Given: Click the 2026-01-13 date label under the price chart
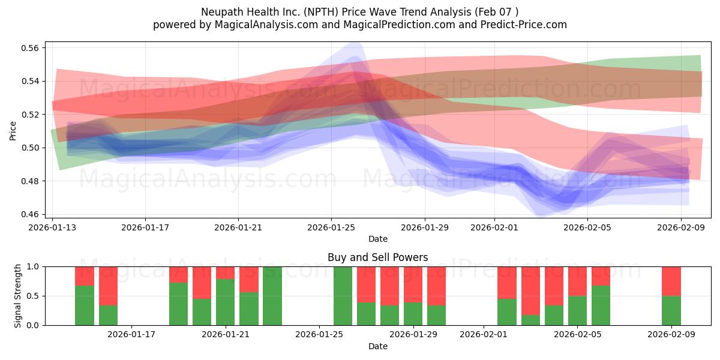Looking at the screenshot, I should (x=52, y=227).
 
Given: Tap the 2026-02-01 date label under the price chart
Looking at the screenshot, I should (x=494, y=227).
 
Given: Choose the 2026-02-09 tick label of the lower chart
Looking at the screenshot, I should (x=671, y=335).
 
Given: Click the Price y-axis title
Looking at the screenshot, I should (x=13, y=130).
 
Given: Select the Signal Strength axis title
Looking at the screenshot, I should (x=18, y=295).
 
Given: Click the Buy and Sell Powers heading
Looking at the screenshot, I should (x=377, y=257).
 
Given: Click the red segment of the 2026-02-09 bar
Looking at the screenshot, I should (x=671, y=281).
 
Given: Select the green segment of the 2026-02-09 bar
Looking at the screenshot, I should (x=671, y=310).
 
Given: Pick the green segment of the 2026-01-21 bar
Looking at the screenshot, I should (x=226, y=302).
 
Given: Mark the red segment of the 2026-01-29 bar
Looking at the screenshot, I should (x=413, y=284).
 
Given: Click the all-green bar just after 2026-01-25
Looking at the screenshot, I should (x=343, y=296).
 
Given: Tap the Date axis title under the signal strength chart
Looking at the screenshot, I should (x=377, y=346).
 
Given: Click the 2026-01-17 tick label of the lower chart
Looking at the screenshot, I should (x=131, y=335).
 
